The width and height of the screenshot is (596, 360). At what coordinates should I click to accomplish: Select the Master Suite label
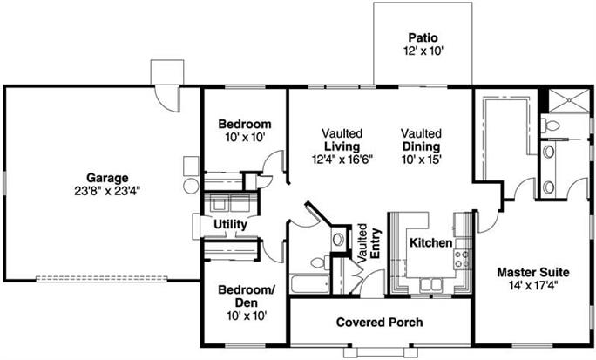point(527,272)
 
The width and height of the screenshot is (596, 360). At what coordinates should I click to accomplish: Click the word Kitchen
point(429,242)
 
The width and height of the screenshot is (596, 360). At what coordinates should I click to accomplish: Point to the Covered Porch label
point(379,323)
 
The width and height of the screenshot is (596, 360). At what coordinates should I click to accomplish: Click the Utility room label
point(229,224)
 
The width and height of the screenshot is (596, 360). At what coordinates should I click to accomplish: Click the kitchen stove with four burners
point(461,257)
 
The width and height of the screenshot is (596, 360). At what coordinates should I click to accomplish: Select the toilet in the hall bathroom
point(338,239)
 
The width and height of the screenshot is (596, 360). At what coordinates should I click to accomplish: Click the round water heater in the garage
point(190,185)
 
